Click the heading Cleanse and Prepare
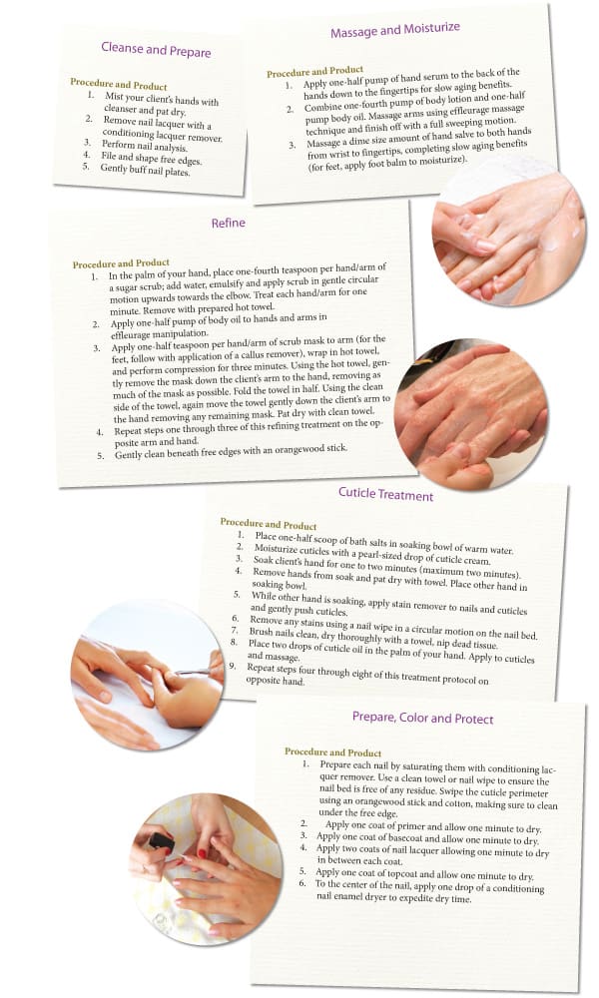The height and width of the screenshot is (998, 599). [x=156, y=49]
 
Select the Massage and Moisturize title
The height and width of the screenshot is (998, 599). [x=395, y=31]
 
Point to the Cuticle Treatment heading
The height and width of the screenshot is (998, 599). [x=385, y=495]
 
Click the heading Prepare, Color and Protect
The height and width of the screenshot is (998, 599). [x=422, y=718]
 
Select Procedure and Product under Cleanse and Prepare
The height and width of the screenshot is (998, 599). [x=119, y=85]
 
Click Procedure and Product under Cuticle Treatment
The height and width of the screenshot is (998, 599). [x=269, y=524]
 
